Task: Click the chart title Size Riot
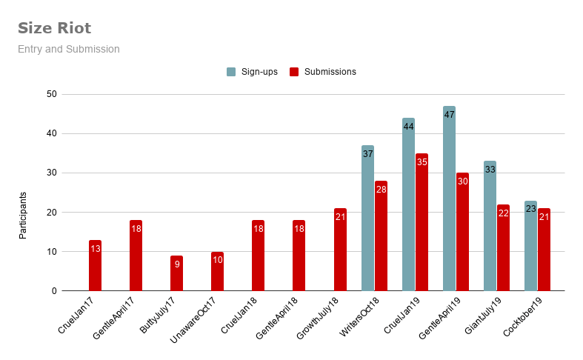55,29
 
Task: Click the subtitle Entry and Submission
69,49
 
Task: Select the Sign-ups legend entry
253,72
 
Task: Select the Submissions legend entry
323,72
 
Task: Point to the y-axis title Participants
23,216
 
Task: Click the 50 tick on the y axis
51,94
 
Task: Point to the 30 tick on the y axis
51,173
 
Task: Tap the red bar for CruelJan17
95,267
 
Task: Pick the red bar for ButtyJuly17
176,274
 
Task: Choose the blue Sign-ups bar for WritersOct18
367,222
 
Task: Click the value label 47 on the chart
449,115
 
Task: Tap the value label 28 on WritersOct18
381,190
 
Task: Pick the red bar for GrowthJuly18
340,252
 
